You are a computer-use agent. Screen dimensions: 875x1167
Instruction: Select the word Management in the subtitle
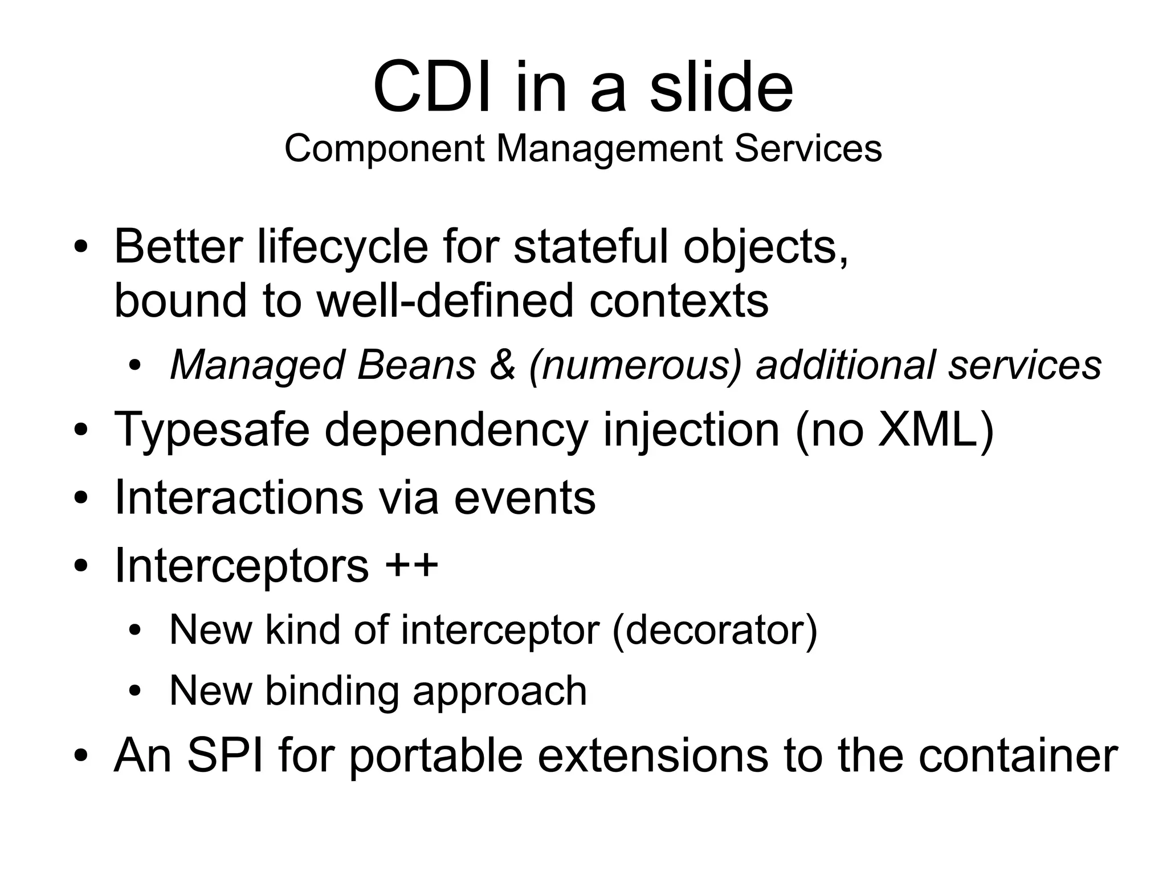pyautogui.click(x=609, y=149)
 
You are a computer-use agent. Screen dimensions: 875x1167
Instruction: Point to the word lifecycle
pyautogui.click(x=342, y=247)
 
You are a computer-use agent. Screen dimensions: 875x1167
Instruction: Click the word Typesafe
pyautogui.click(x=212, y=430)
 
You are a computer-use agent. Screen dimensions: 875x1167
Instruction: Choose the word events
pyautogui.click(x=524, y=498)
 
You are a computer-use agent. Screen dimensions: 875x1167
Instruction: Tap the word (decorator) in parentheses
pyautogui.click(x=715, y=630)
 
